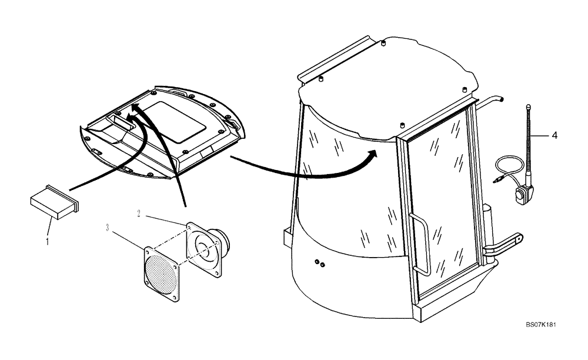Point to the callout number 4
[553, 134]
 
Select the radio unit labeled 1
[54, 203]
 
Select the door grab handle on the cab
[421, 243]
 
